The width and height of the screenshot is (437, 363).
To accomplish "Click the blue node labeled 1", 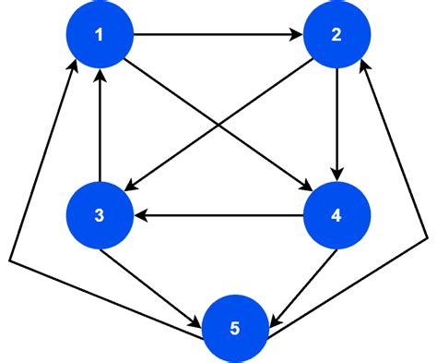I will [x=100, y=36].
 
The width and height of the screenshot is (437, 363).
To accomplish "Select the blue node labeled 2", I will [x=337, y=36].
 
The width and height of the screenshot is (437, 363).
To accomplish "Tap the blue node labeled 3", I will [x=100, y=216].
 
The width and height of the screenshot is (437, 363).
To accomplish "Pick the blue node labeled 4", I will [x=337, y=216].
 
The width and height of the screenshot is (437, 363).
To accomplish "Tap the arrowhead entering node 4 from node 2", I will [x=337, y=175].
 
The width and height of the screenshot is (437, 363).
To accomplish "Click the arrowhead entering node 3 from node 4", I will [x=140, y=216].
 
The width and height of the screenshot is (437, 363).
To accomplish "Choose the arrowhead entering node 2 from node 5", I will [x=367, y=66].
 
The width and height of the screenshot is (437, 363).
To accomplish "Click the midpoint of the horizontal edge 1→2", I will [x=218, y=36].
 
